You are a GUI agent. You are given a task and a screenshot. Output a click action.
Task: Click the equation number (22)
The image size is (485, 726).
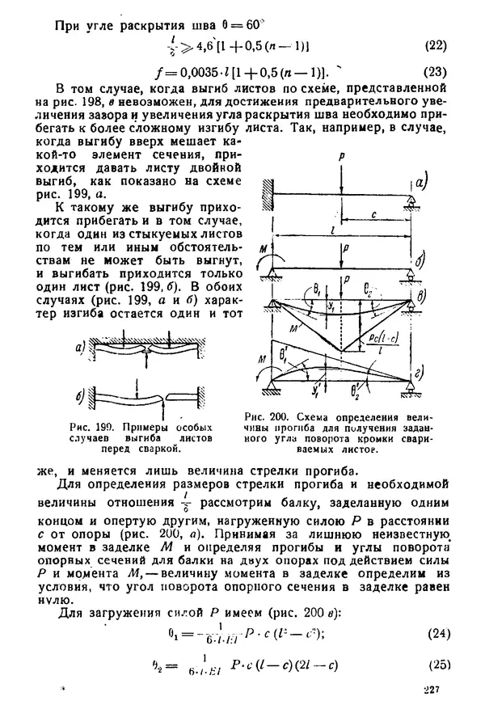[435, 45]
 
